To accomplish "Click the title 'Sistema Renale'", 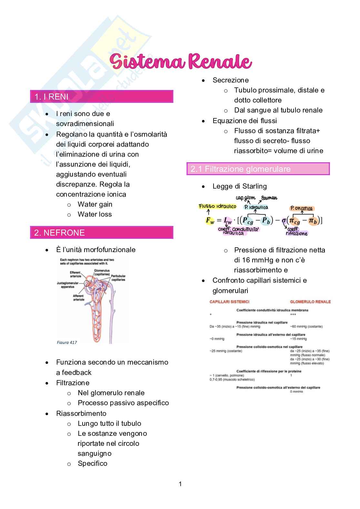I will click(181, 62).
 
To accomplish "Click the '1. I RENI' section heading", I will click(52, 97).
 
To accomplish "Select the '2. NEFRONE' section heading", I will click(60, 233).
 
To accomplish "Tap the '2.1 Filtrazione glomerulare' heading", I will click(241, 169).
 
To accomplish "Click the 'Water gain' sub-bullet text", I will click(95, 204).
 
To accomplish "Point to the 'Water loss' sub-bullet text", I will click(95, 214).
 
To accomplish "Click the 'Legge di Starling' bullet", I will click(239, 186).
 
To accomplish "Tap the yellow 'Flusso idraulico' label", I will click(217, 206).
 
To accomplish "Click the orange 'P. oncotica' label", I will click(302, 208).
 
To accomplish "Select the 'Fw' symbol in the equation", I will click(210, 221).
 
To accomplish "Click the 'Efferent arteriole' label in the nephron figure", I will click(75, 274).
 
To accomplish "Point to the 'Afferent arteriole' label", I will click(78, 298).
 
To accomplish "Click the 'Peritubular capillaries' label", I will click(118, 278).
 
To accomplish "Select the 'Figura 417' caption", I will click(67, 342).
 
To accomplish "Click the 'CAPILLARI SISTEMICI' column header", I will click(229, 302).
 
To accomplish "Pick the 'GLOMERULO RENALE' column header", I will click(310, 302).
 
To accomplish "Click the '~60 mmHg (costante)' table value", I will click(306, 327).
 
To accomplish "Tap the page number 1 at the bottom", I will click(180, 484).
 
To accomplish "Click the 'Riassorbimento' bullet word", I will click(81, 414).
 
